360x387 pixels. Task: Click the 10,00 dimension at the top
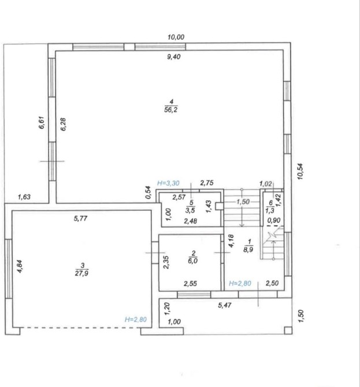click(176, 38)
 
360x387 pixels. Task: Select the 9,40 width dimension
click(174, 57)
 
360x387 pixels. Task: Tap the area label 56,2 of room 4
click(171, 110)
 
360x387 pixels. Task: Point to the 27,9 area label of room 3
click(82, 273)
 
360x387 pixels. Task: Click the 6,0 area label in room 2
click(192, 261)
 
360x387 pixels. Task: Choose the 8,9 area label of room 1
click(248, 250)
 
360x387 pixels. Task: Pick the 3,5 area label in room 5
click(190, 210)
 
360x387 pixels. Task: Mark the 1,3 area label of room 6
click(270, 210)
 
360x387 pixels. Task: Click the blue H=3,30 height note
click(168, 183)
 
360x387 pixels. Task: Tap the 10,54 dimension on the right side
click(300, 172)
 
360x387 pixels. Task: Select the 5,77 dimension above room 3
click(80, 218)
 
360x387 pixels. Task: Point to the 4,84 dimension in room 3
click(20, 266)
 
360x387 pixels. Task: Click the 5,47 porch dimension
click(225, 306)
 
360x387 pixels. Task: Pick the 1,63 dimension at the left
click(24, 197)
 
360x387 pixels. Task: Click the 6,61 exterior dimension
click(42, 122)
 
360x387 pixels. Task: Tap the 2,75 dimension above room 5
click(207, 183)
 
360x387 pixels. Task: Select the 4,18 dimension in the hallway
click(231, 241)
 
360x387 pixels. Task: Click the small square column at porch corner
click(288, 330)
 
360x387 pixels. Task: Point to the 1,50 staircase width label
click(243, 202)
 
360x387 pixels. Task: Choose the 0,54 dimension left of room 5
click(148, 192)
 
